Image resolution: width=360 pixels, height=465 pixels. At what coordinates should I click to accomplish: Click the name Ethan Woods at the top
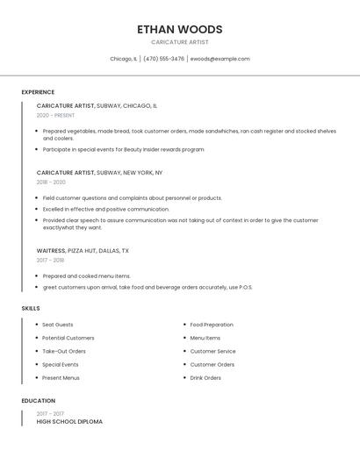[179, 29]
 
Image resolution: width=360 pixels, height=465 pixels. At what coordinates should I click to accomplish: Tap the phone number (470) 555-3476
[163, 59]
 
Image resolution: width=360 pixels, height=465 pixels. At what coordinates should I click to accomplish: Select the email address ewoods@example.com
[220, 59]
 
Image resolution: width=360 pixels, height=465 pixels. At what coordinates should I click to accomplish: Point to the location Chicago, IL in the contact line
[123, 59]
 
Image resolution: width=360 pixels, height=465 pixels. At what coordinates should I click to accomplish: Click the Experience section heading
[38, 92]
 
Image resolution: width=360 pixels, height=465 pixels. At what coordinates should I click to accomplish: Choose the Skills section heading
[31, 308]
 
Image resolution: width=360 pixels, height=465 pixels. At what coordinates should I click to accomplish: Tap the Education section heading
[38, 401]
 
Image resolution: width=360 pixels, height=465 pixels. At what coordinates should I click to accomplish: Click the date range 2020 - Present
[55, 115]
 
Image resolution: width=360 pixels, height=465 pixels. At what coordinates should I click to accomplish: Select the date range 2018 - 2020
[51, 182]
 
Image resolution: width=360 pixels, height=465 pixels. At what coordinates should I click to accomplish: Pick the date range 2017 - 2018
[50, 260]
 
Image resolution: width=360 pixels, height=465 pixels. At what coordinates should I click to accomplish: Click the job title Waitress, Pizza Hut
[83, 250]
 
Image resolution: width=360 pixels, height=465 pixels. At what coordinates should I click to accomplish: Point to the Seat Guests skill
[58, 325]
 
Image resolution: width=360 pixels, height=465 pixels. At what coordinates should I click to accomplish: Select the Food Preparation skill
[212, 325]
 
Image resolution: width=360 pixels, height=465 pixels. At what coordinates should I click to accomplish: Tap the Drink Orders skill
[205, 377]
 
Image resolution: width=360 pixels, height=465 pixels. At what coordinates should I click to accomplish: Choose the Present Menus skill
[61, 377]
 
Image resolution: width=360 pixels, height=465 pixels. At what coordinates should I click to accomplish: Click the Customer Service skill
[212, 351]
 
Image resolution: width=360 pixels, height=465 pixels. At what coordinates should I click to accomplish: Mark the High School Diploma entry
[69, 422]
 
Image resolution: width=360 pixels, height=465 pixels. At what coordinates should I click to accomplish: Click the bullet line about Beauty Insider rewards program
[123, 149]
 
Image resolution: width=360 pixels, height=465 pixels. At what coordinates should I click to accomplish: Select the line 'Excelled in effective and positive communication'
[105, 209]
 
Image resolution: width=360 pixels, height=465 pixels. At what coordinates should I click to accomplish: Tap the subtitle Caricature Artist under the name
[179, 42]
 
